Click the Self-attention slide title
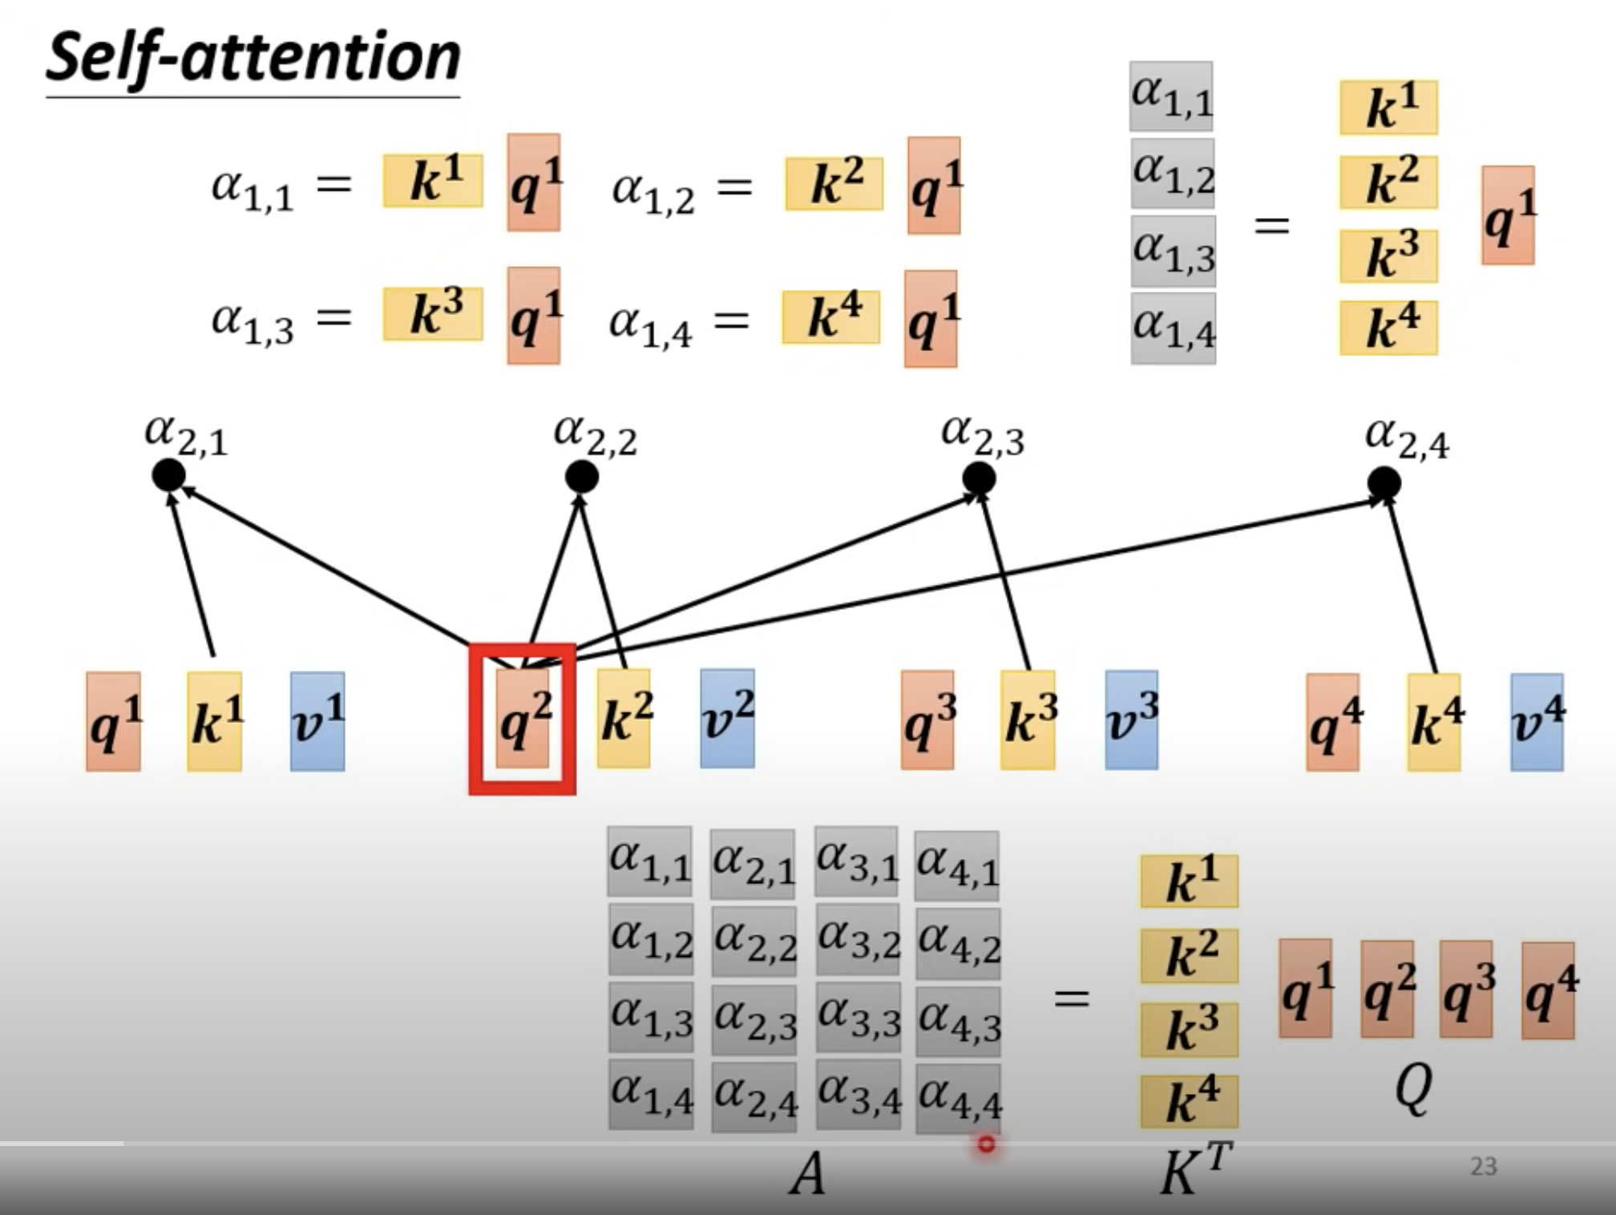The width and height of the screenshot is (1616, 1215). click(x=252, y=58)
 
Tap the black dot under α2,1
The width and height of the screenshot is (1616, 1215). click(x=168, y=476)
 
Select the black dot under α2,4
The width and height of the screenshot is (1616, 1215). click(x=1384, y=483)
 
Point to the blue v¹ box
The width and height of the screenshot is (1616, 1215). click(x=317, y=721)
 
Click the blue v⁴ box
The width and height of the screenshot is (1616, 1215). click(x=1537, y=722)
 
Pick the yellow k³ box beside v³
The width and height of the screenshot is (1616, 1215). click(x=1028, y=721)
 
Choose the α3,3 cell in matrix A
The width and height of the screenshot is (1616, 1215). click(x=858, y=1018)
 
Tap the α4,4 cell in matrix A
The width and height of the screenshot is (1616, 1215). click(x=958, y=1096)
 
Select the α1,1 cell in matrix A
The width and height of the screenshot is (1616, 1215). click(x=649, y=862)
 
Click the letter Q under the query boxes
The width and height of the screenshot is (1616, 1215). click(x=1412, y=1089)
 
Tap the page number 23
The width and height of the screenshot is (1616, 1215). click(x=1483, y=1166)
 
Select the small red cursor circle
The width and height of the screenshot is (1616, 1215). click(x=986, y=1144)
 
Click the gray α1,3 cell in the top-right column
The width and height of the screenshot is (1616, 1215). click(x=1173, y=251)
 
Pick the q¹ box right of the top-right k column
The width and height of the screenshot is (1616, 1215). click(x=1508, y=215)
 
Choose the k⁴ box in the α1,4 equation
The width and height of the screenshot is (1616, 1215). click(x=831, y=317)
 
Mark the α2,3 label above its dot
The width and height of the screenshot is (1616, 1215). click(x=982, y=435)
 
